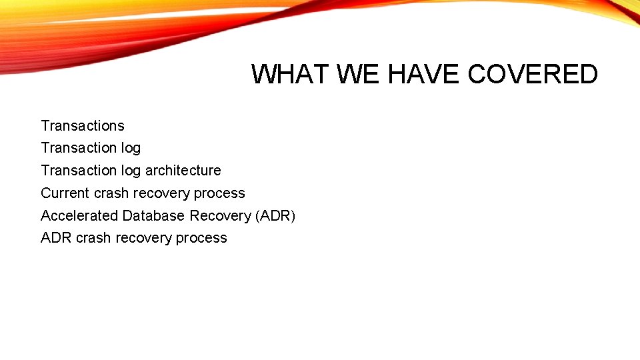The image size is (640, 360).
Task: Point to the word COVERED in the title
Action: (x=533, y=74)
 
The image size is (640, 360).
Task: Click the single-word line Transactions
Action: (x=83, y=125)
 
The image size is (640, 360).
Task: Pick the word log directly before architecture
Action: (x=131, y=170)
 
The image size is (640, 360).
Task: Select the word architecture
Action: (x=183, y=170)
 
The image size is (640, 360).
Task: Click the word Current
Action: (x=65, y=193)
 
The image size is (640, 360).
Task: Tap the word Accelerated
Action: (x=79, y=215)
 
